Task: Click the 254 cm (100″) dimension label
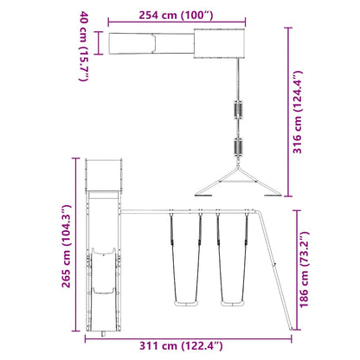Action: coord(177,15)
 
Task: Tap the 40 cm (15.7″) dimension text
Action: coord(84,46)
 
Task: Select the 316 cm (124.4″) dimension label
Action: coord(298,112)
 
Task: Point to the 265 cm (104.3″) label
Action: coord(67,246)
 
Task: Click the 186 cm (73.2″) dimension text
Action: coord(304,269)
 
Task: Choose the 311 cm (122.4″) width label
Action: coord(181,345)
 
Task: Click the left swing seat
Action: coord(186,303)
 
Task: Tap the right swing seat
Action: coord(233,303)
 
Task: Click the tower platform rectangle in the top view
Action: coord(219,43)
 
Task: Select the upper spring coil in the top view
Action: coord(238,110)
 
